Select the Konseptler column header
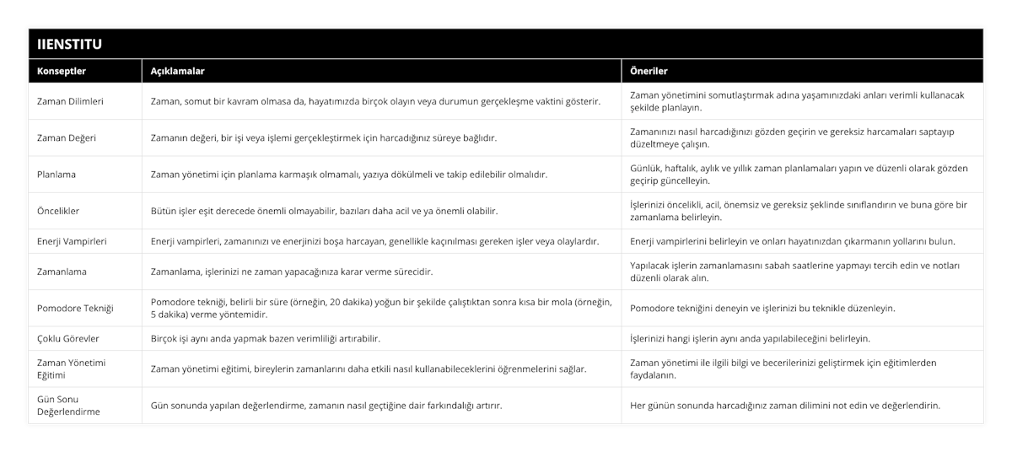click(62, 71)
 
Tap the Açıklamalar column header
click(177, 71)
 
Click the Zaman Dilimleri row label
click(71, 101)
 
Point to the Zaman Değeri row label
click(67, 137)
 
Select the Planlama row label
click(58, 175)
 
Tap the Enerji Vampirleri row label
click(73, 241)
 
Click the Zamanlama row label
click(62, 272)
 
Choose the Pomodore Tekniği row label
click(76, 308)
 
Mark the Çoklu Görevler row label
click(69, 338)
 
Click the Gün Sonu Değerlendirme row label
click(69, 405)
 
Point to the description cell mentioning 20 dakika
click(381, 308)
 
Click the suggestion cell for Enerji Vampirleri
click(793, 241)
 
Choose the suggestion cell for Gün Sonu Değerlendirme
click(785, 405)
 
